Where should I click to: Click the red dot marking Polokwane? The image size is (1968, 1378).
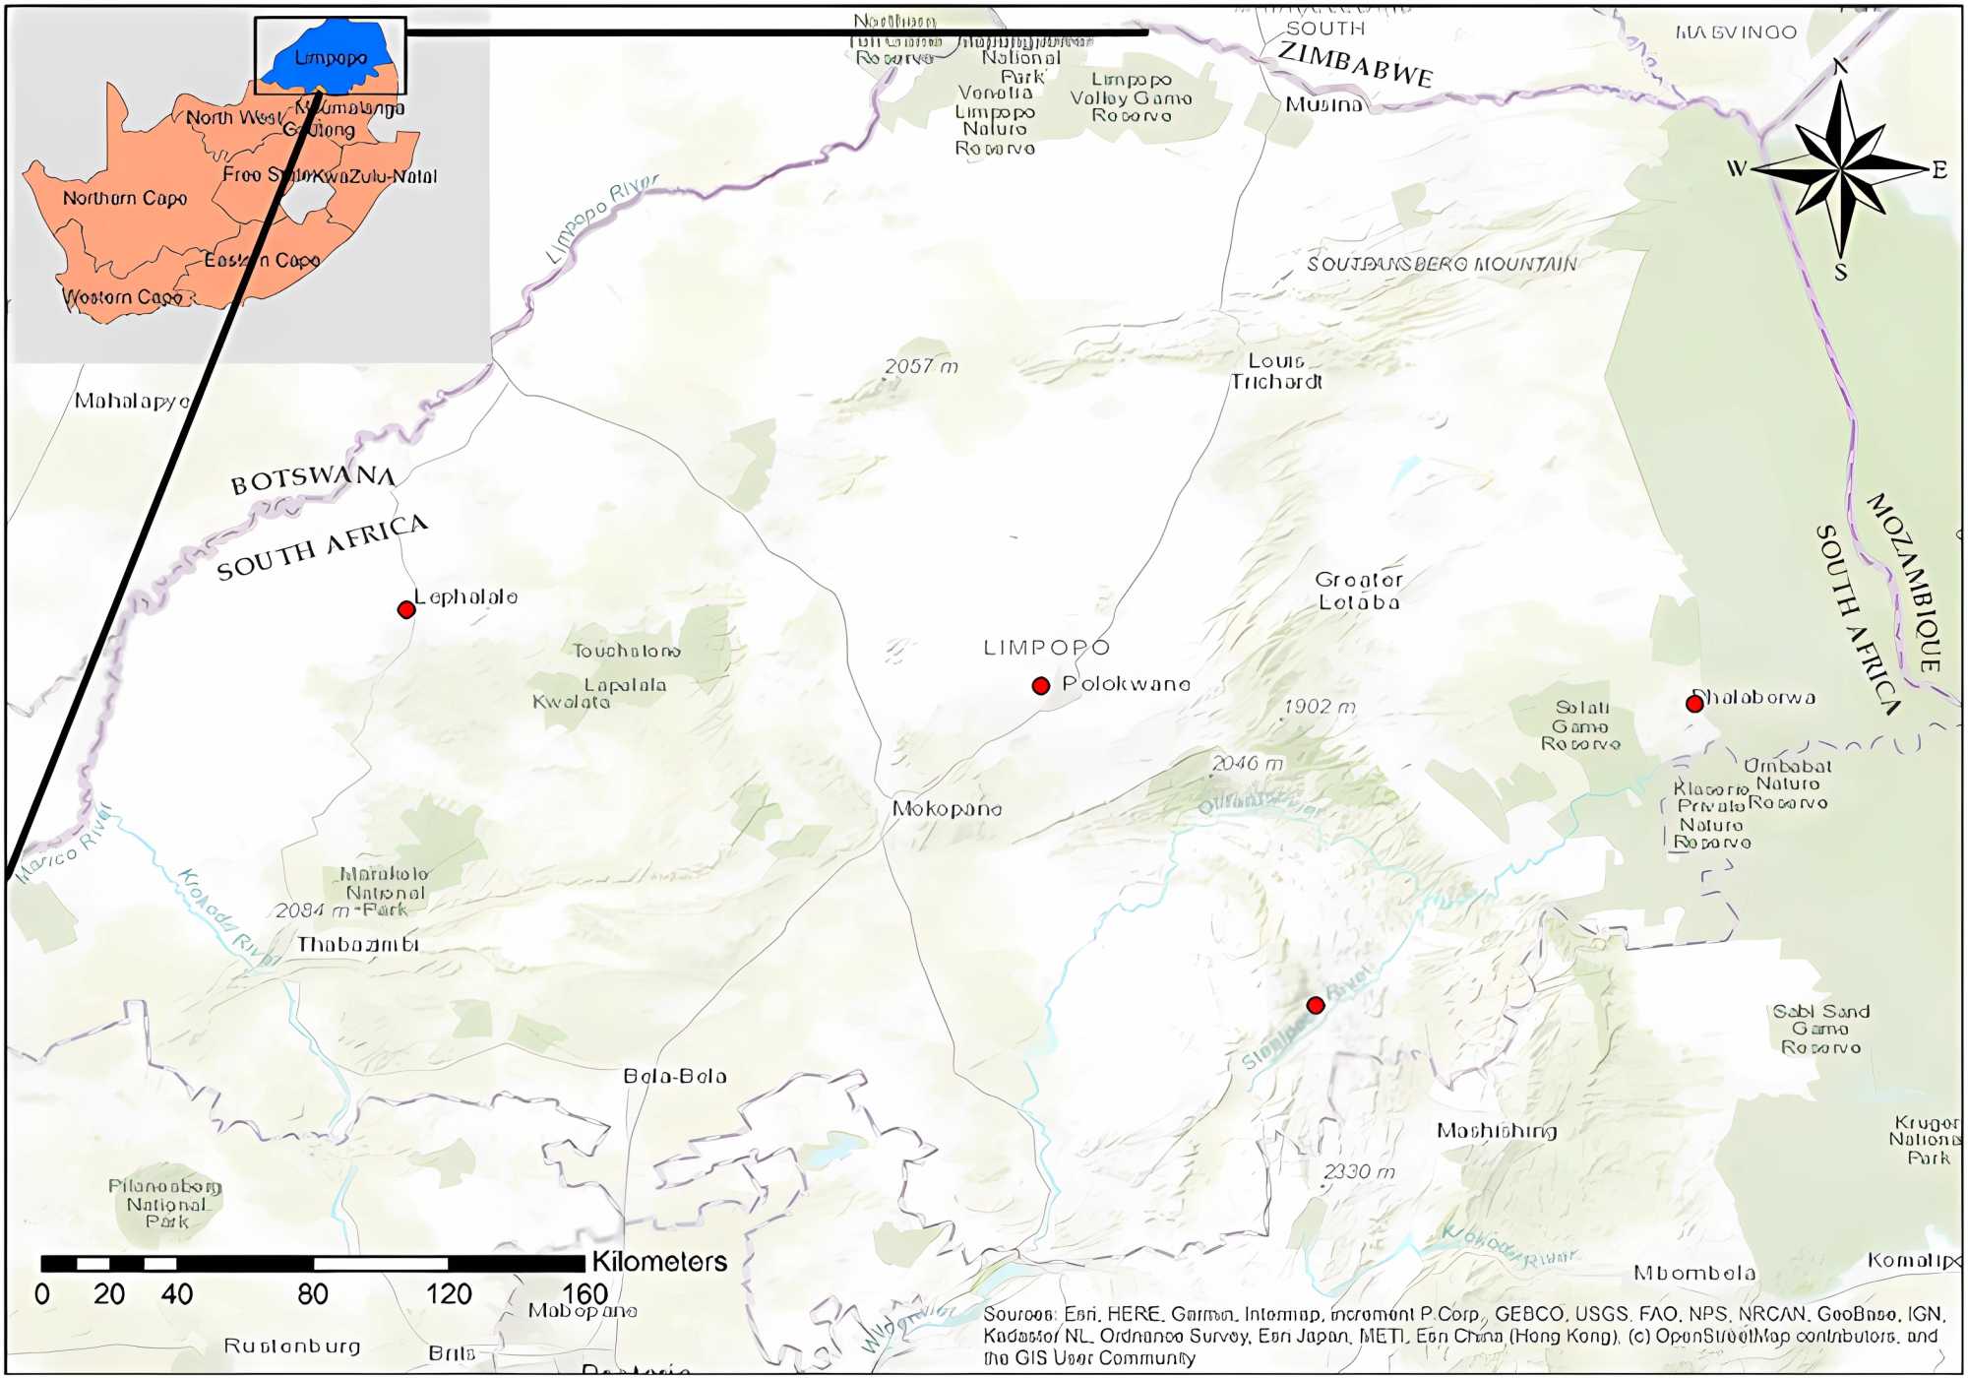click(x=1040, y=686)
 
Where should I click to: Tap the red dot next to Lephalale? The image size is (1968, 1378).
click(x=406, y=609)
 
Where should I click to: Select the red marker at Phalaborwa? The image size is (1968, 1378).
click(x=1694, y=704)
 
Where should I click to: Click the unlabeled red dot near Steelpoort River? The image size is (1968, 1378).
click(x=1316, y=1005)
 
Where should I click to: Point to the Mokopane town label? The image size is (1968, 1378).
click(x=947, y=809)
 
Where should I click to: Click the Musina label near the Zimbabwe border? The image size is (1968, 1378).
click(x=1324, y=104)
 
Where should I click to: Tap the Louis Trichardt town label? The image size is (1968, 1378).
click(x=1276, y=371)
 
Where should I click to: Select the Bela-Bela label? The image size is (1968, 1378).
click(x=675, y=1077)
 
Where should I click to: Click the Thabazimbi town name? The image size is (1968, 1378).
click(x=358, y=945)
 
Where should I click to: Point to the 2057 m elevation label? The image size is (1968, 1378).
click(x=921, y=366)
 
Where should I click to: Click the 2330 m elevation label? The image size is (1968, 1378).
click(x=1359, y=1172)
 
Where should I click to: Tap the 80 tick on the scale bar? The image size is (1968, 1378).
click(x=313, y=1294)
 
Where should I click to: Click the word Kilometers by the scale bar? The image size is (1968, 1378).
click(x=659, y=1262)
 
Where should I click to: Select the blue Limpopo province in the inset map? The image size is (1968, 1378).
click(x=330, y=57)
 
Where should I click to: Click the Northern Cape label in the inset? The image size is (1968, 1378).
click(x=125, y=198)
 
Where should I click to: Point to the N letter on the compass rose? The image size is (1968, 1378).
click(x=1840, y=67)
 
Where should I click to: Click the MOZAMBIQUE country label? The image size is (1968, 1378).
click(x=1905, y=583)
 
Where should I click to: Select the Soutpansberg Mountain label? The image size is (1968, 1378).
click(x=1442, y=264)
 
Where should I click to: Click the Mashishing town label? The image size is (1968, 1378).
click(x=1497, y=1131)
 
